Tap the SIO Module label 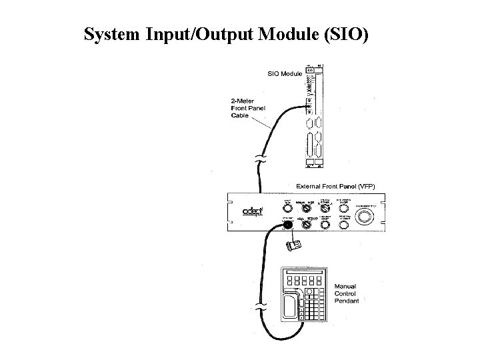[285, 73]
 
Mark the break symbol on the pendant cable [260, 308]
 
